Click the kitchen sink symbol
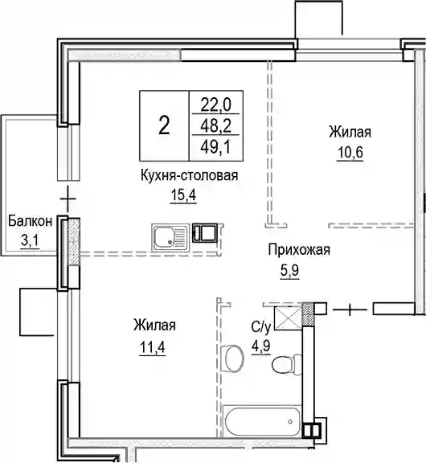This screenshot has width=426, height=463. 170,237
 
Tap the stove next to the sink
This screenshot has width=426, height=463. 205,232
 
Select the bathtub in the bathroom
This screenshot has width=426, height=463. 262,422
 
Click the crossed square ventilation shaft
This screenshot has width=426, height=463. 288,318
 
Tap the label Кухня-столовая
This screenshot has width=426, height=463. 189,175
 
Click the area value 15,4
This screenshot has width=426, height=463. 183,195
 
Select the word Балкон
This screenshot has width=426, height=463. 30,221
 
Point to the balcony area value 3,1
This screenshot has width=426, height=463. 30,241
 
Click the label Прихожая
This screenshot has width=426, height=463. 299,250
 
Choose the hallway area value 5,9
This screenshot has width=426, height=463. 290,270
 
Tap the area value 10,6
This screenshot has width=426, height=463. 350,153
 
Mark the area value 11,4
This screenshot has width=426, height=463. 153,347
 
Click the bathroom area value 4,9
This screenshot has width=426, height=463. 261,346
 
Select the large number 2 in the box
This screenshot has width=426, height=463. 164,125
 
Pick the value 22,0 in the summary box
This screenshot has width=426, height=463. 215,105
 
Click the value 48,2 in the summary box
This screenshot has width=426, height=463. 215,126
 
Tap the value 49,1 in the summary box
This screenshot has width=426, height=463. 215,147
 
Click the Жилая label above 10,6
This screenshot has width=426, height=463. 350,132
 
